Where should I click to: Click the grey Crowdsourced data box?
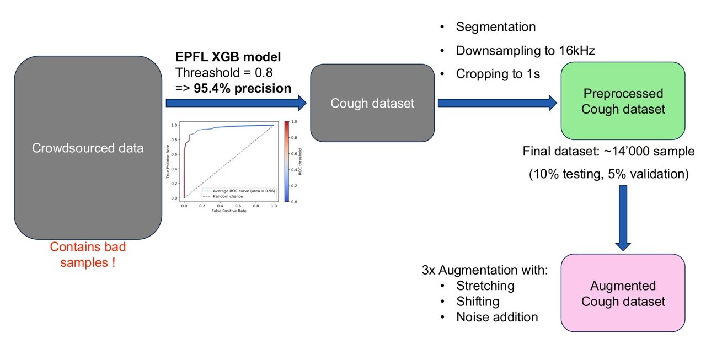click(x=88, y=148)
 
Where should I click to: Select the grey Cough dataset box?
click(x=372, y=103)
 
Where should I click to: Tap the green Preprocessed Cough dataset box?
click(x=623, y=101)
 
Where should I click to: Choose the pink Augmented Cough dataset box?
click(x=623, y=293)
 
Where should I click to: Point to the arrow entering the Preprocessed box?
click(x=496, y=103)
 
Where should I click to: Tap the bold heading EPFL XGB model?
click(x=228, y=57)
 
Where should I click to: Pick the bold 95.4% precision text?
click(x=242, y=88)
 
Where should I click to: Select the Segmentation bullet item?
click(x=495, y=27)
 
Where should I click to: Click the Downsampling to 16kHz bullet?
click(x=525, y=51)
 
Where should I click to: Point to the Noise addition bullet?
click(x=496, y=317)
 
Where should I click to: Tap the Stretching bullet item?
click(x=485, y=286)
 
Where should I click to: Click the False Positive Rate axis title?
click(x=228, y=211)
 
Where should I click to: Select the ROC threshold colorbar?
click(x=286, y=162)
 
